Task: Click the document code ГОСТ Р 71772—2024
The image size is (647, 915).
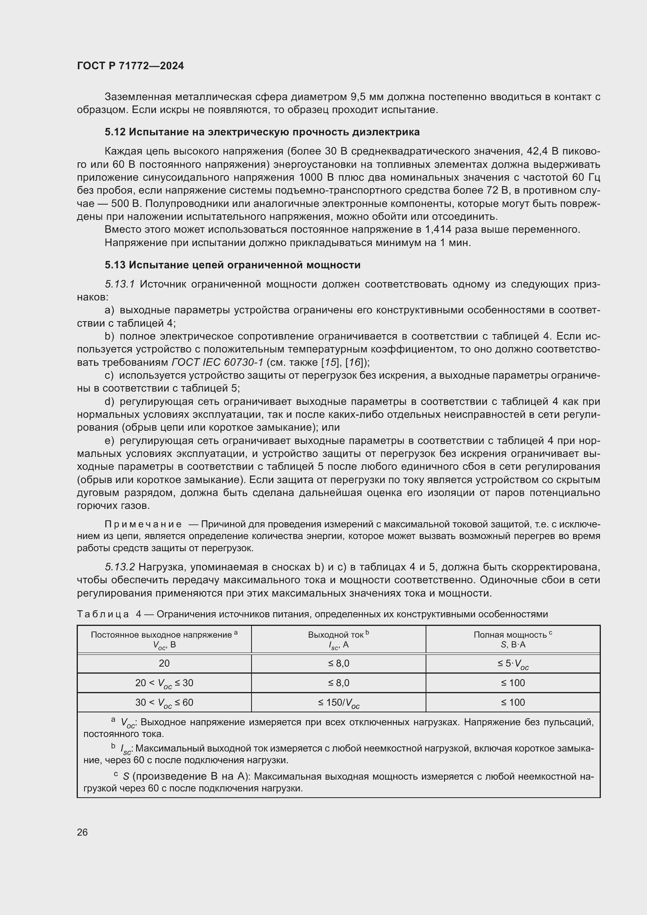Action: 130,66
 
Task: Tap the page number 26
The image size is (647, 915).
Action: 82,832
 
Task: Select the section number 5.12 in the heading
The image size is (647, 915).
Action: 115,132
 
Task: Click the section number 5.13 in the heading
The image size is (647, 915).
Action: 115,265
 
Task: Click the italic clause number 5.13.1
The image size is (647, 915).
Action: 120,284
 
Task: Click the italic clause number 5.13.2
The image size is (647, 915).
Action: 120,567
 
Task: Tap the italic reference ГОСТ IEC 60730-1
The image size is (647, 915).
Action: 217,363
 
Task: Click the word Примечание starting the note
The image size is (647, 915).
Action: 143,525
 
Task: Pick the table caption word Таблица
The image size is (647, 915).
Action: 102,614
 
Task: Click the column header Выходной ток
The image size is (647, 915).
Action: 336,635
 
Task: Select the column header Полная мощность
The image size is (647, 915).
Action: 510,635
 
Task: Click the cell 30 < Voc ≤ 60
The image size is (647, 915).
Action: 164,703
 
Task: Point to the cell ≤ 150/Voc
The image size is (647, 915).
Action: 339,703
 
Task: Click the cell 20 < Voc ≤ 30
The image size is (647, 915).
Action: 164,683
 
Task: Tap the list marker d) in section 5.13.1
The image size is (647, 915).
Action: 109,402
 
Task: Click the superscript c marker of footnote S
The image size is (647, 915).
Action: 115,774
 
